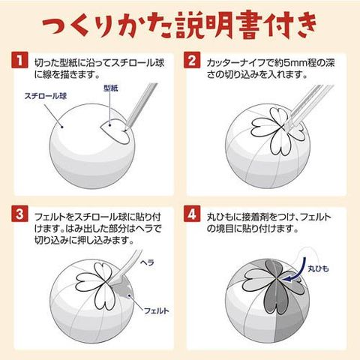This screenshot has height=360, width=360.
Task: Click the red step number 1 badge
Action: point(19,60)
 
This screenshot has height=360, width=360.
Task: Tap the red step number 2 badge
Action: point(192,60)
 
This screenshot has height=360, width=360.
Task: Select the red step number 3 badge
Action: point(19,214)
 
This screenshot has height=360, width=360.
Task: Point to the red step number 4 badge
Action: point(192,214)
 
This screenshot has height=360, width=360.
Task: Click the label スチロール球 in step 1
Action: point(46,96)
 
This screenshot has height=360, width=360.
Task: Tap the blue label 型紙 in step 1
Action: point(111,88)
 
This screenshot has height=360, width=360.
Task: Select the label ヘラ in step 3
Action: point(147,262)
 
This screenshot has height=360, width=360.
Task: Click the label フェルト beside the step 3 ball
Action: point(157,310)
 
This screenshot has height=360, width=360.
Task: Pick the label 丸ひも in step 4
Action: point(318,268)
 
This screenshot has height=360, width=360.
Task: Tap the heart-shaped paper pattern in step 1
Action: point(115,131)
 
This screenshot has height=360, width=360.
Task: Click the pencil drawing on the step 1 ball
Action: point(141,106)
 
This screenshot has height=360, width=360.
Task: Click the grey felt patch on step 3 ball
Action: point(123,290)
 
